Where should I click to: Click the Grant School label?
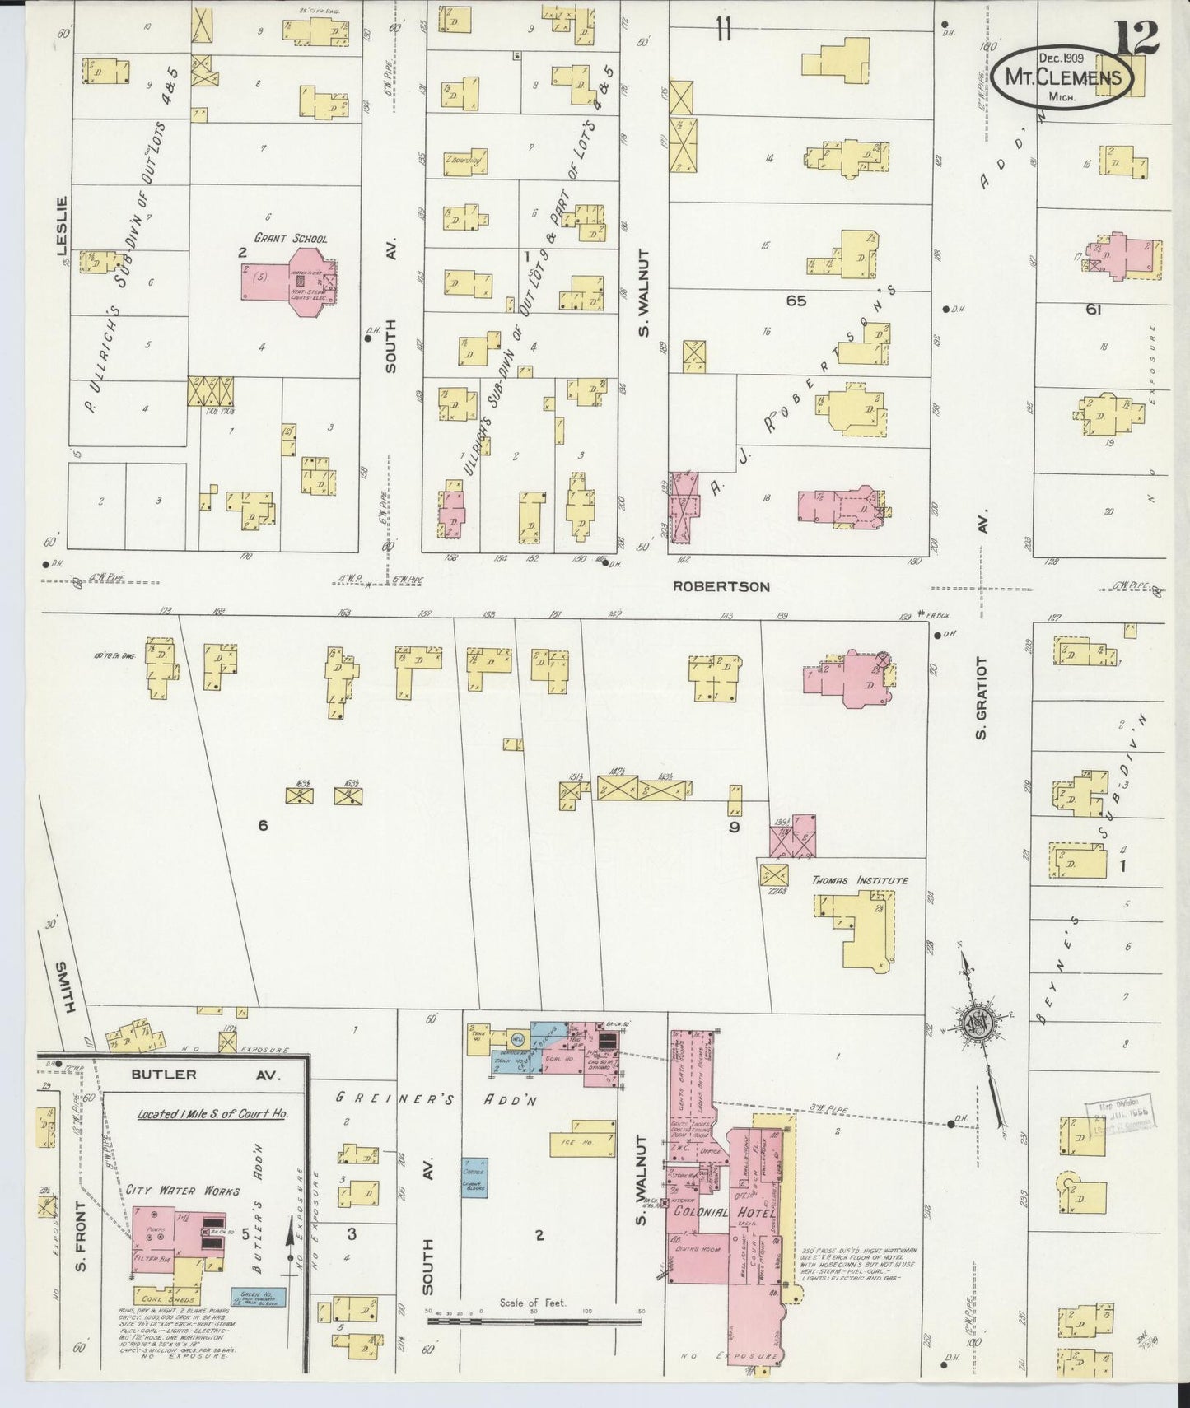[x=290, y=239]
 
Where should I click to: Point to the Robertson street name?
[x=721, y=587]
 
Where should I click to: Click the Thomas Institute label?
[x=860, y=880]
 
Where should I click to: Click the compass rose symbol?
[x=977, y=1023]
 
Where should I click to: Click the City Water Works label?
[x=183, y=1191]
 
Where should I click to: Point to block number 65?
[x=796, y=301]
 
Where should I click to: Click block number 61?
[x=1093, y=310]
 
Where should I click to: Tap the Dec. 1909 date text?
[x=1061, y=58]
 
